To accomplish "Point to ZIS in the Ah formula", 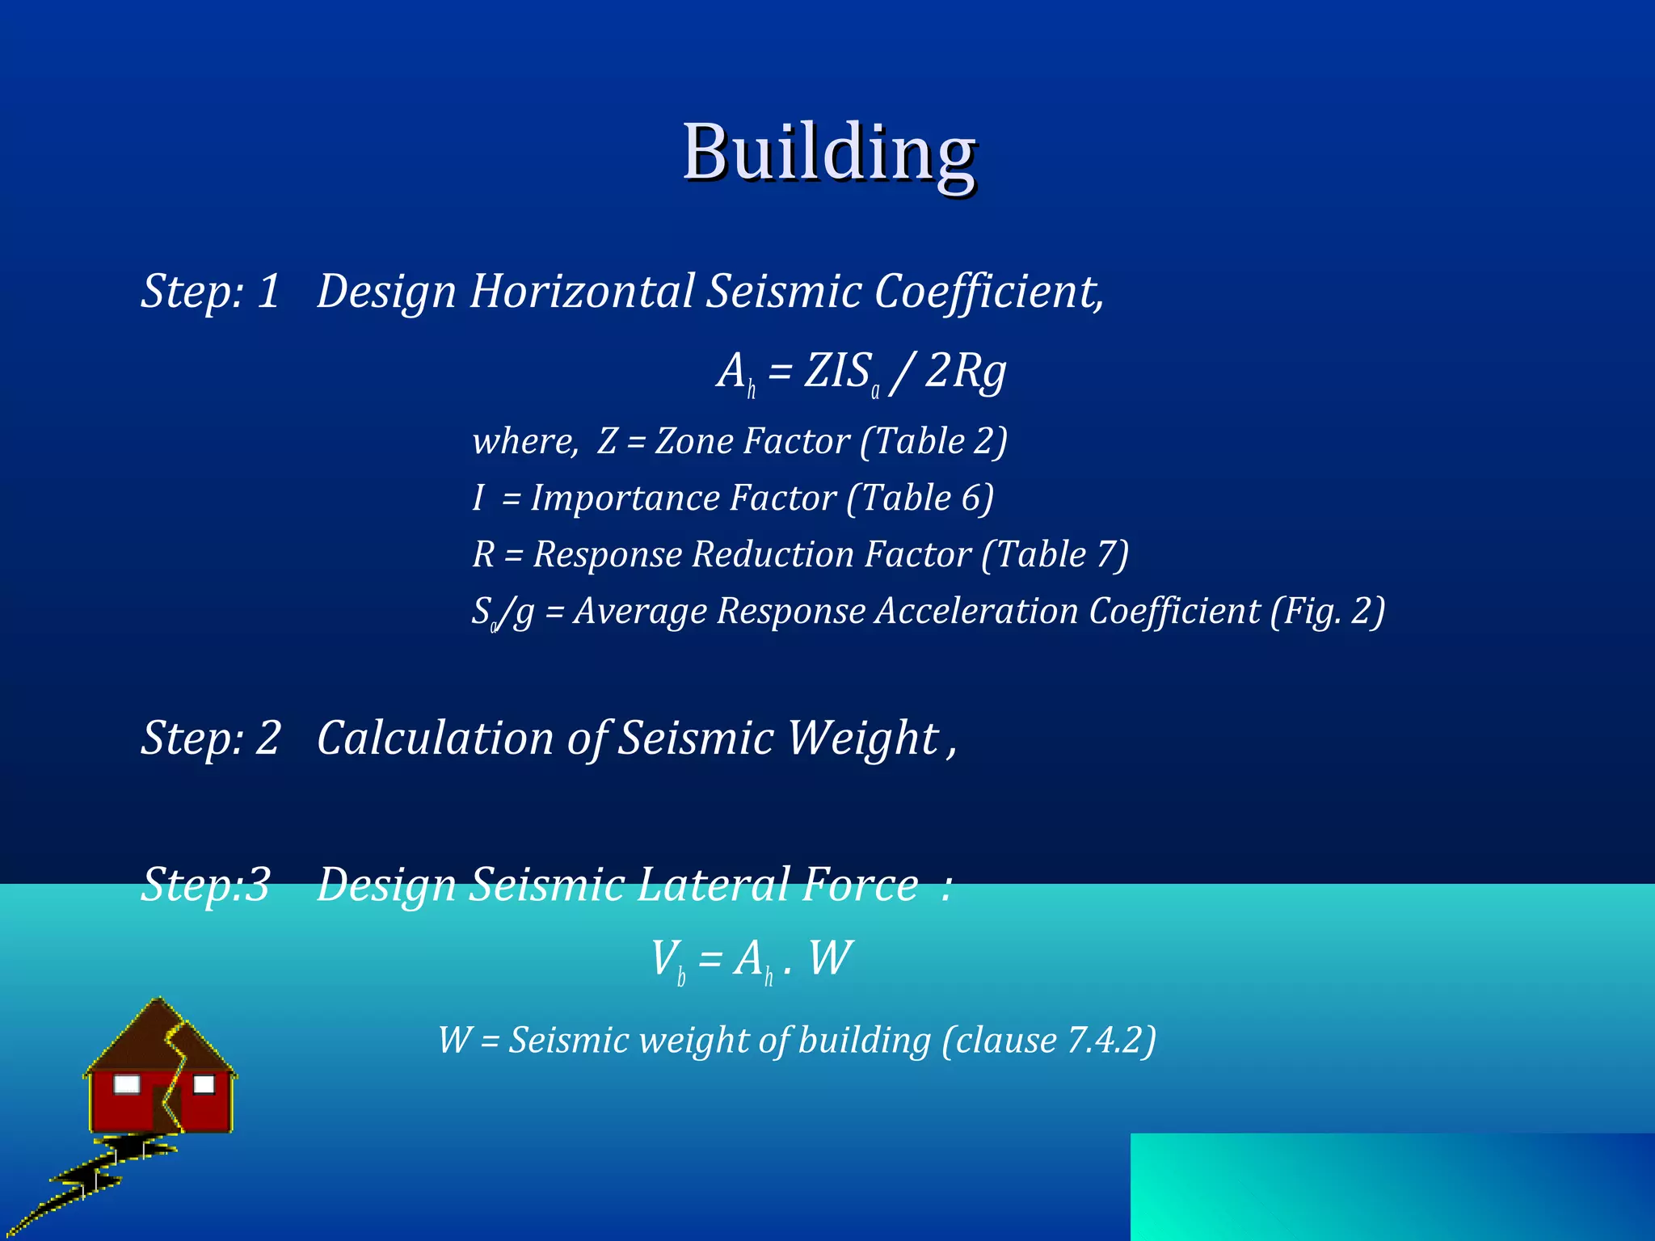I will (x=837, y=372).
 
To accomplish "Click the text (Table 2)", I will (x=933, y=441).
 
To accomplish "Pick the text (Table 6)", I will (x=920, y=498).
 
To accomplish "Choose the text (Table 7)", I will (x=1055, y=554).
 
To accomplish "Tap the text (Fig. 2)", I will (x=1327, y=611).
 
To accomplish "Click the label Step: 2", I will (x=210, y=738).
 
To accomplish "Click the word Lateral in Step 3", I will (x=713, y=884).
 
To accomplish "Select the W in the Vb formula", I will (x=830, y=958).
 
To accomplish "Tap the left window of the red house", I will (x=126, y=1084).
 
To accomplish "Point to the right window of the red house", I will (x=204, y=1084).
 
